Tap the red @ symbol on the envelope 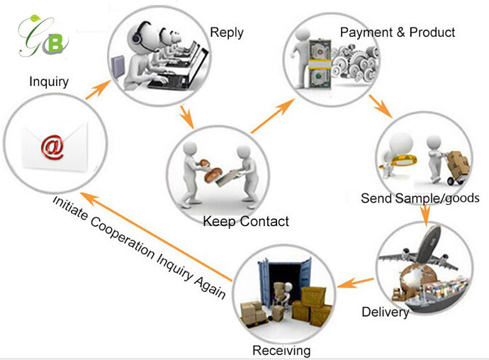pyautogui.click(x=51, y=147)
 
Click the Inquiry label pyautogui.click(x=48, y=81)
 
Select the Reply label pyautogui.click(x=227, y=33)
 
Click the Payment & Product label pyautogui.click(x=398, y=33)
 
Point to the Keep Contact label pyautogui.click(x=246, y=222)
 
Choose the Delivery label pyautogui.click(x=385, y=312)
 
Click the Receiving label pyautogui.click(x=281, y=350)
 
